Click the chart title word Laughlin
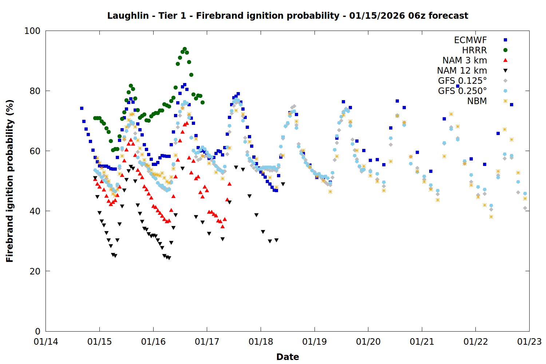128,16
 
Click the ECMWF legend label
470,40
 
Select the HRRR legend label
474,50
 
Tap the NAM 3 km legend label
464,60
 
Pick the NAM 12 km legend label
462,71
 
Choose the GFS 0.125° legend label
462,81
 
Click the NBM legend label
477,101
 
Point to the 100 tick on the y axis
32,31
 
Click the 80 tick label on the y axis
35,91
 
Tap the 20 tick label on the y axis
35,271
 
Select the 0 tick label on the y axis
37,331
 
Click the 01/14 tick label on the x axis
46,342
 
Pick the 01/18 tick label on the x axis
261,342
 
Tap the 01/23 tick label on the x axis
529,342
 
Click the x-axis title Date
288,357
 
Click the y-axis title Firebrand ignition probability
10,181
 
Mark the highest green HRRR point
185,49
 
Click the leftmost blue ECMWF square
82,108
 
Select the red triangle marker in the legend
505,60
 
